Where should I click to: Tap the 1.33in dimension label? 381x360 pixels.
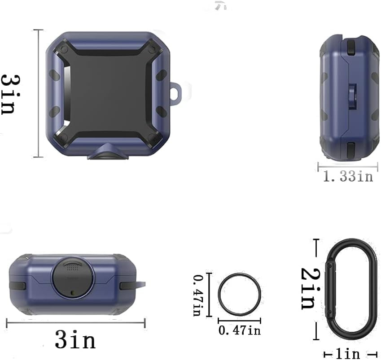[x=348, y=176]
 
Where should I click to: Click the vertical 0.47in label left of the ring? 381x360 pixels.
[x=197, y=296]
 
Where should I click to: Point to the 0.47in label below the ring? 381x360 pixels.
[x=239, y=330]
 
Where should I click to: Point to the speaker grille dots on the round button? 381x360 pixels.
[x=71, y=269]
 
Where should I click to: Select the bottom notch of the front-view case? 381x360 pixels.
[x=106, y=154]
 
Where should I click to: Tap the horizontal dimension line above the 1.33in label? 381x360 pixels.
[x=348, y=166]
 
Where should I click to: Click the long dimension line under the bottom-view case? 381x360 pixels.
[x=75, y=322]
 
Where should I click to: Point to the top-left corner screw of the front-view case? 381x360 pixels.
[x=63, y=48]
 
